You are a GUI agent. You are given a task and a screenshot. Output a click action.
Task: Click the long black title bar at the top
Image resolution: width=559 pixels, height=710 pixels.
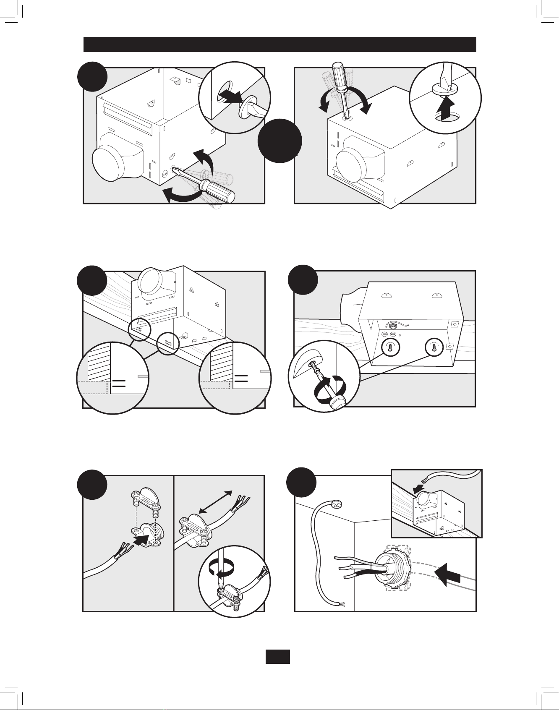click(279, 44)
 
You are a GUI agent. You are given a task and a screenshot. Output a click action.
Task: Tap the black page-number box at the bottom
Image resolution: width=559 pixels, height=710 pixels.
click(277, 656)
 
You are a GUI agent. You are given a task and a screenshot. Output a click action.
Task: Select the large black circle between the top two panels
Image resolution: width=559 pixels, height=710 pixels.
click(279, 141)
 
